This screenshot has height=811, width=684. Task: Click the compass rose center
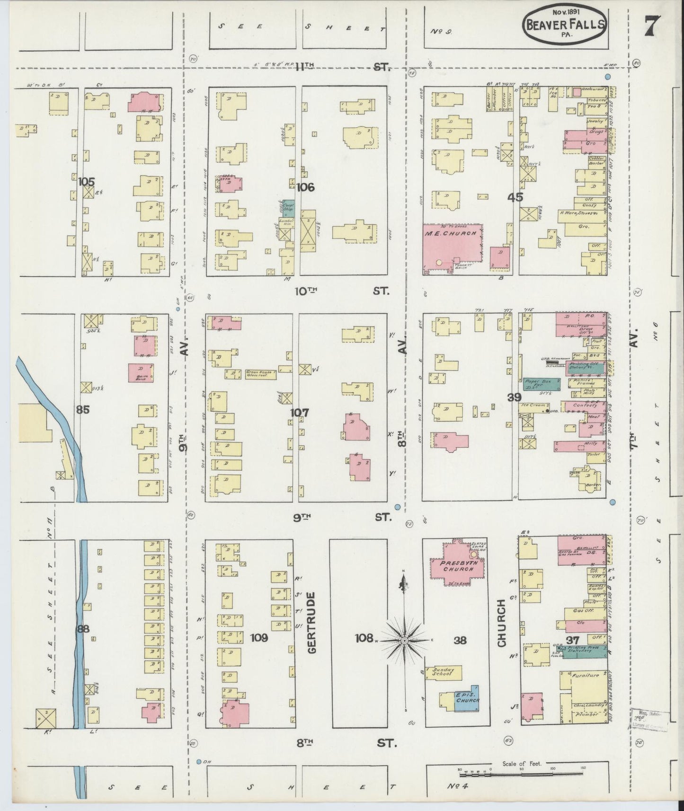(x=404, y=641)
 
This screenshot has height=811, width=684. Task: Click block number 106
(x=305, y=187)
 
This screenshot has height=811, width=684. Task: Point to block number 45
(x=515, y=197)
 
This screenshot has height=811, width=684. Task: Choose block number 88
(x=83, y=629)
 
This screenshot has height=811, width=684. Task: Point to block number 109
(x=259, y=637)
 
